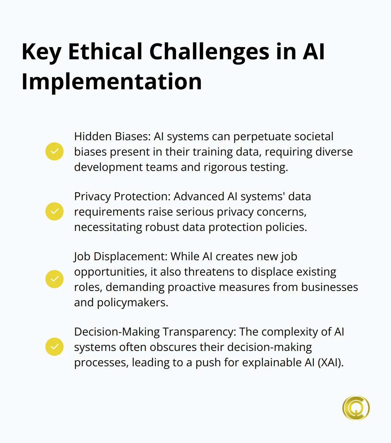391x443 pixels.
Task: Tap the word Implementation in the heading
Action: point(112,82)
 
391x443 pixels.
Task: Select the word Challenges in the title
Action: point(209,52)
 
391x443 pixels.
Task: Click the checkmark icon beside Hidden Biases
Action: point(54,151)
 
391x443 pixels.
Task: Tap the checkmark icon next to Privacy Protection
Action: point(54,211)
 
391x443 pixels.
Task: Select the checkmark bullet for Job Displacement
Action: point(54,279)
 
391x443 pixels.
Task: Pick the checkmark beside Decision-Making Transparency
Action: point(54,347)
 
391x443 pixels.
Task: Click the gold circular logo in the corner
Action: point(356,408)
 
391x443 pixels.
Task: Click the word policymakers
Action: point(132,302)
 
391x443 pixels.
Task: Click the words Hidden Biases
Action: point(112,136)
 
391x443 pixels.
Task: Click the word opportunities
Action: point(110,272)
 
